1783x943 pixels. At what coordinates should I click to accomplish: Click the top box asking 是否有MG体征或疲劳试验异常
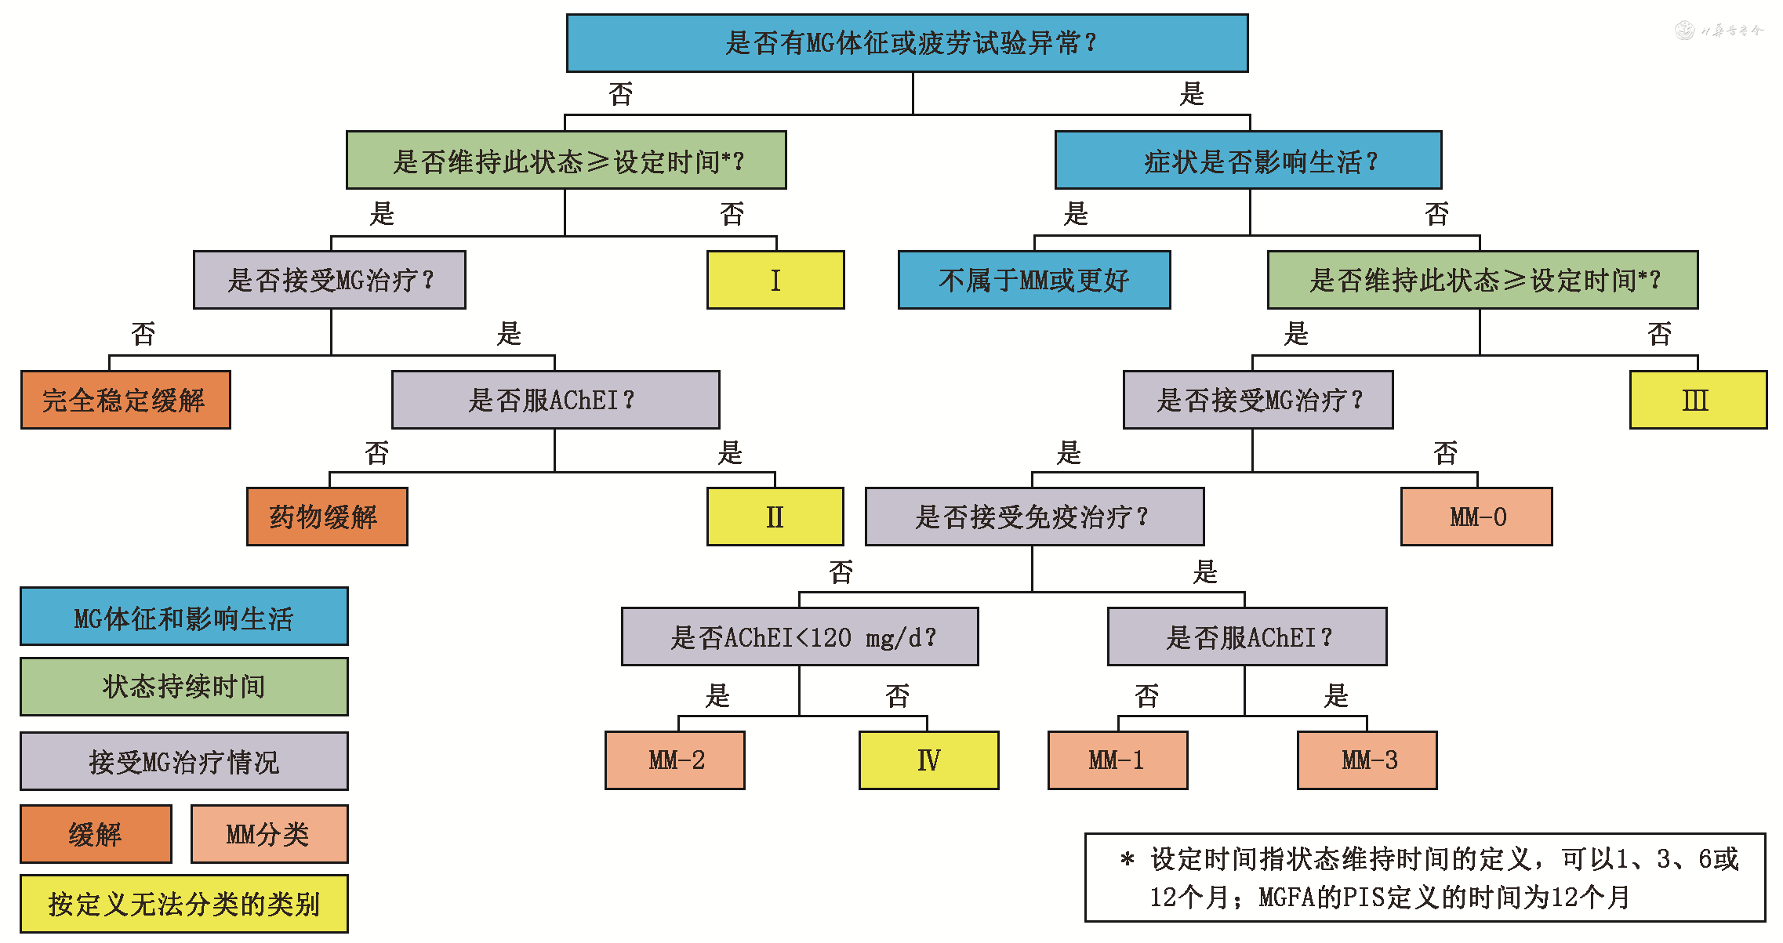(x=907, y=43)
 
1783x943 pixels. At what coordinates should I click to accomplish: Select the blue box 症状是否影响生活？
(x=1248, y=161)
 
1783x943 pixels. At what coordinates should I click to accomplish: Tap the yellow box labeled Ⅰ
(x=775, y=280)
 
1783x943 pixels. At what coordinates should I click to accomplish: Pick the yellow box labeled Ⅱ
(x=775, y=517)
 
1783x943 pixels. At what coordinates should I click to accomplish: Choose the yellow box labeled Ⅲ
(x=1698, y=400)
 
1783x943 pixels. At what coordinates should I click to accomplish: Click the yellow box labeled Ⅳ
(x=929, y=760)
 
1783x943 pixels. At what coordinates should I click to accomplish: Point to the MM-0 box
(x=1476, y=517)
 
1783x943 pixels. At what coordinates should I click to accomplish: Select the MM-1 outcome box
(x=1117, y=760)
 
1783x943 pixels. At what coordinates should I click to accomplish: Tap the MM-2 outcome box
(x=675, y=760)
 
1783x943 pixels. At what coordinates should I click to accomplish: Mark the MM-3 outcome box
(x=1367, y=760)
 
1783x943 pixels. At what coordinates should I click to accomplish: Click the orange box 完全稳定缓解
(x=125, y=400)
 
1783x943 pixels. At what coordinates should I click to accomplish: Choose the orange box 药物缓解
(x=327, y=517)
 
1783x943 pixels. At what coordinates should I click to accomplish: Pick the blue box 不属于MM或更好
(x=1034, y=280)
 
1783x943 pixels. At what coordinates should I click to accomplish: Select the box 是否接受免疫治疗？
(x=1034, y=517)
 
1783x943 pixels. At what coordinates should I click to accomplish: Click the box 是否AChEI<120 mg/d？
(x=800, y=637)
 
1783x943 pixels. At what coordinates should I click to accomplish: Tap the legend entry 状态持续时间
(x=184, y=687)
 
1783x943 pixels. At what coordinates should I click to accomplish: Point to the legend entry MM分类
(x=269, y=834)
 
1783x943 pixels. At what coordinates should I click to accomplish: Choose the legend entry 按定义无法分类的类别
(x=184, y=904)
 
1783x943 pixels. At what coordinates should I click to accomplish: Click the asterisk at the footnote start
(x=1128, y=859)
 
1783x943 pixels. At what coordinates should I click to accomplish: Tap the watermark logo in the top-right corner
(x=1685, y=31)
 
